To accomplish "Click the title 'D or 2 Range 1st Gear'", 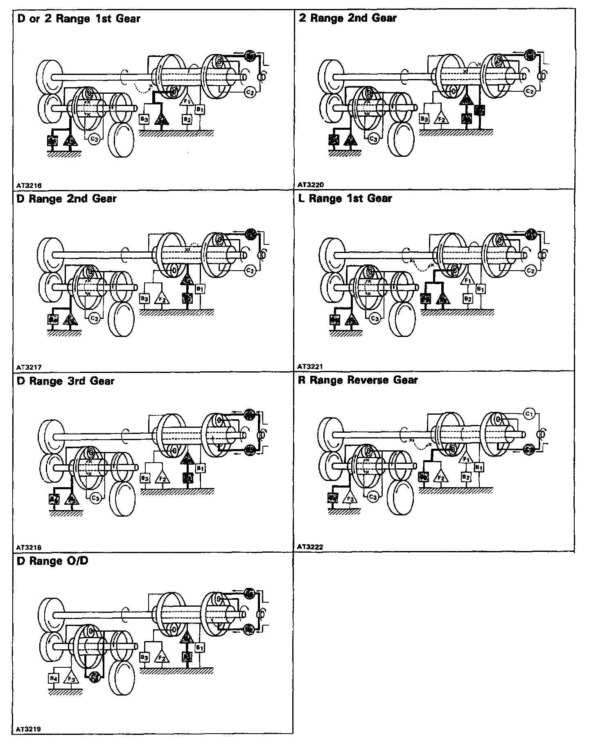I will click(79, 19).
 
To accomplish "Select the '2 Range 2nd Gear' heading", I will click(348, 18).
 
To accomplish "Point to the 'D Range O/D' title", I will click(52, 561).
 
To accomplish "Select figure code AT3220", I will click(310, 185).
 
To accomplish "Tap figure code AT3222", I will click(310, 547).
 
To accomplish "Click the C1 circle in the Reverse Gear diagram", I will click(529, 414).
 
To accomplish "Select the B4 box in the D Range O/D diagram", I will click(54, 678).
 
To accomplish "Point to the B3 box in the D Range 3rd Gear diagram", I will click(144, 477).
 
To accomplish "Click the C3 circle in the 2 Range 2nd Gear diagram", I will click(373, 139).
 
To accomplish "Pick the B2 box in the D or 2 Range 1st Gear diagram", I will click(187, 120).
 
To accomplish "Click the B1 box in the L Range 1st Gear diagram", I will click(481, 289).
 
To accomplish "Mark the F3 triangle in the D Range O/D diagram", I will click(72, 679).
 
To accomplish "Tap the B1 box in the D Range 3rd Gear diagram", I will click(200, 468).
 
